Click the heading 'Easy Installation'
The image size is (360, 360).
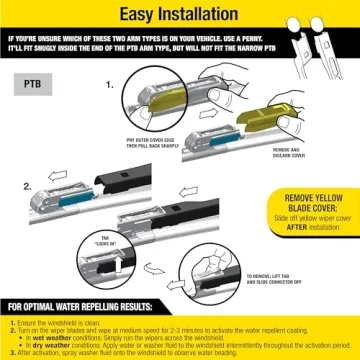point(180,16)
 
